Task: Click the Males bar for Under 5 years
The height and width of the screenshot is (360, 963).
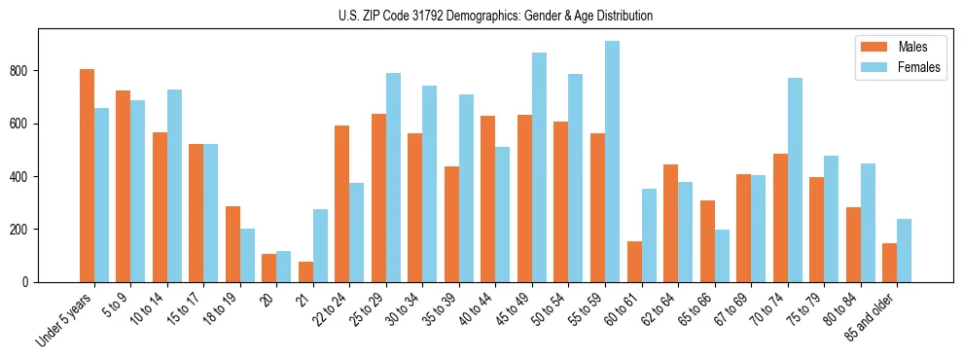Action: click(x=87, y=175)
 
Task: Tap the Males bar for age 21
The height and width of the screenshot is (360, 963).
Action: click(x=305, y=271)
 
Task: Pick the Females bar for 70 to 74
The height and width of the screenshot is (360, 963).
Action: click(x=795, y=180)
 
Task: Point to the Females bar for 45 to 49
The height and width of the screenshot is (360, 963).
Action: click(x=539, y=167)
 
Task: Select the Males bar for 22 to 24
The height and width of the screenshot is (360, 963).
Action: click(x=342, y=203)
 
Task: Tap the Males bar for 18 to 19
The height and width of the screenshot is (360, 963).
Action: click(x=232, y=244)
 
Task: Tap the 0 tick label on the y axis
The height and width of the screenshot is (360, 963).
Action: click(x=31, y=282)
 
